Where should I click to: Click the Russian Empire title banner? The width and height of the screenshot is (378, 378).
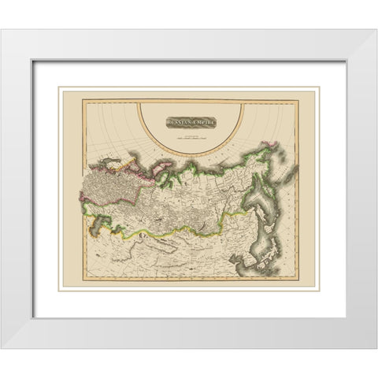point(191,123)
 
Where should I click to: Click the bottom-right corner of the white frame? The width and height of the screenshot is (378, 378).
point(376,347)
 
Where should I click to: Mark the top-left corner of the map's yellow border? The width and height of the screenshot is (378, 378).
point(84,100)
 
